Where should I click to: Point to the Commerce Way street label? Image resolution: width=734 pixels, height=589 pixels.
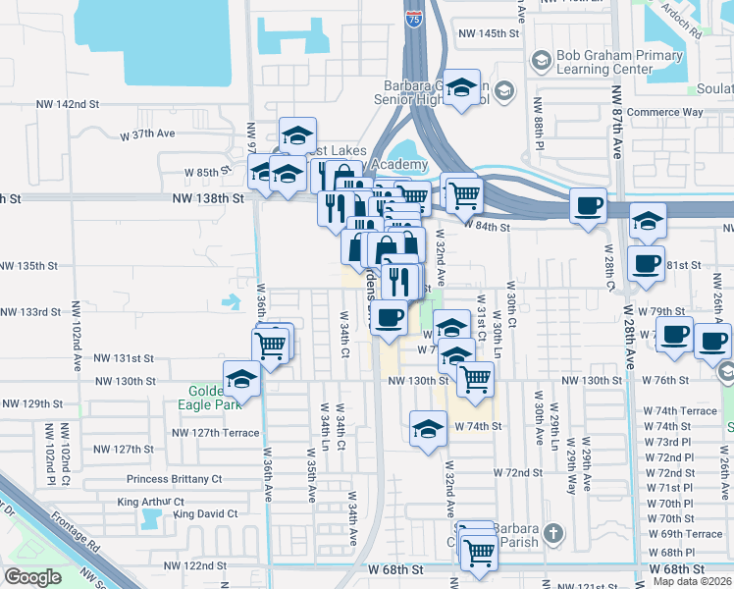pyautogui.click(x=665, y=112)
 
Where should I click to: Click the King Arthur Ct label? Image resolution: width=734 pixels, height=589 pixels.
pyautogui.click(x=149, y=502)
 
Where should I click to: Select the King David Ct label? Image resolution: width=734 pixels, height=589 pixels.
pyautogui.click(x=205, y=513)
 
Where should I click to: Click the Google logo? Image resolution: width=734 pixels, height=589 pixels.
pyautogui.click(x=32, y=577)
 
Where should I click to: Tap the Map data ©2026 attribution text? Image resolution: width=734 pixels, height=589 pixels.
pyautogui.click(x=694, y=582)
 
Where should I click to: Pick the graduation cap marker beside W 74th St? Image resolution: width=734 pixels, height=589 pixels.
pyautogui.click(x=427, y=428)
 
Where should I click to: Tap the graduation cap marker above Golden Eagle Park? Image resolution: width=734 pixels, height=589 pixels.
pyautogui.click(x=241, y=378)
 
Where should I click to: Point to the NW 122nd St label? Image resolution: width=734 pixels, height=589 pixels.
pyautogui.click(x=196, y=566)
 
